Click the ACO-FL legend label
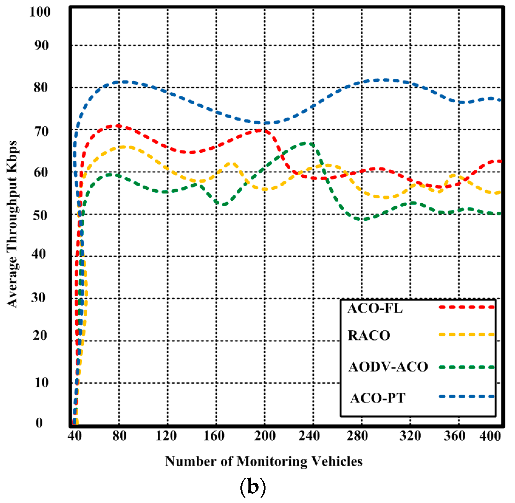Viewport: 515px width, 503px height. (375, 308)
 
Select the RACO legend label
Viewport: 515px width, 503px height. (369, 336)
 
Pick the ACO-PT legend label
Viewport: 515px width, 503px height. (378, 398)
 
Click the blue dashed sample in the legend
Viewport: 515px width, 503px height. (467, 396)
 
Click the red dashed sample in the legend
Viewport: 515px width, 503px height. (467, 307)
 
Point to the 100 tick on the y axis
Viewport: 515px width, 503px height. (40, 12)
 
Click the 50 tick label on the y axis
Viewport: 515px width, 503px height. (40, 215)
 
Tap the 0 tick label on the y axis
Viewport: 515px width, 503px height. (39, 423)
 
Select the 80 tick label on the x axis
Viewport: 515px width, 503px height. (119, 436)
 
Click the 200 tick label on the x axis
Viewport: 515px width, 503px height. (265, 436)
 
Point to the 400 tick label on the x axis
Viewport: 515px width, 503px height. (490, 436)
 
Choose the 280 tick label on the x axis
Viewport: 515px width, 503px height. (357, 436)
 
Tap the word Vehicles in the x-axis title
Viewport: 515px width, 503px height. (337, 462)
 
